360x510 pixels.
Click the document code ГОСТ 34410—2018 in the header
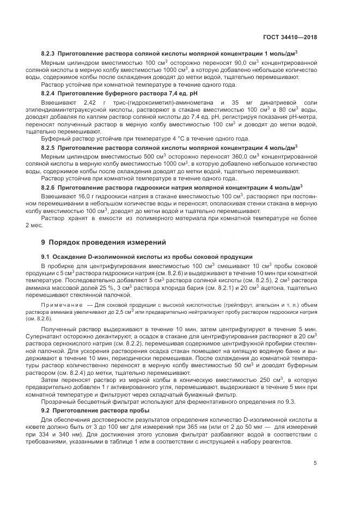click(x=290, y=37)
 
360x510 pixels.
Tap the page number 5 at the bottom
click(x=315, y=463)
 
